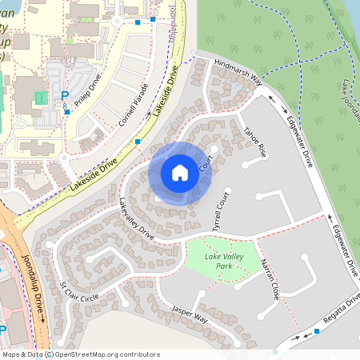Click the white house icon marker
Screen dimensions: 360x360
coord(180,172)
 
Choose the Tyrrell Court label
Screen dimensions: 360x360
coord(218,210)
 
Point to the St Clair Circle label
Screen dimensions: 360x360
coord(79,291)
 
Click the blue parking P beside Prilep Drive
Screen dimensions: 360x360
coord(65,96)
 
